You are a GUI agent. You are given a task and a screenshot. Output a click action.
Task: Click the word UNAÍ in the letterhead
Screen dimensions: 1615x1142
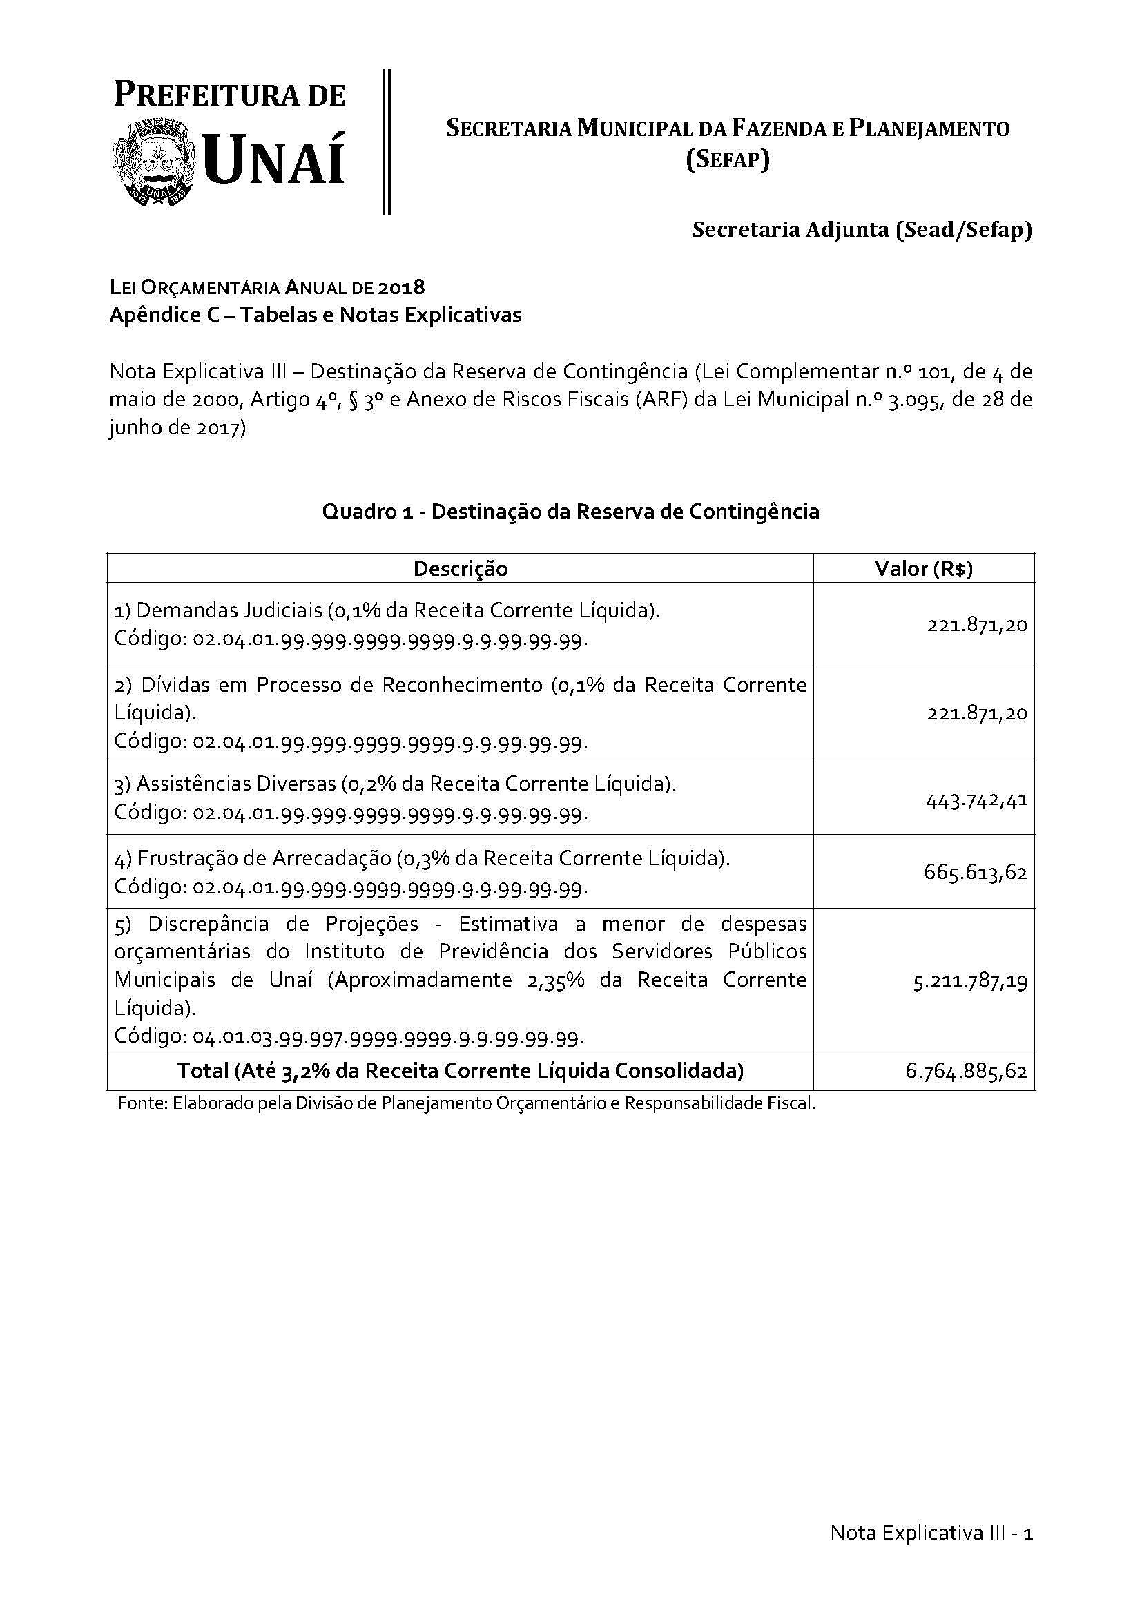pyautogui.click(x=275, y=161)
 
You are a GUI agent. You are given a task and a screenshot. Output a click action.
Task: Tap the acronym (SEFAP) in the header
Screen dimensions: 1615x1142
pyautogui.click(x=728, y=159)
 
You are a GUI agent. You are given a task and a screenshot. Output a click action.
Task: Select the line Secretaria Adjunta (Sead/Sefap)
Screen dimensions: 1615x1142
pyautogui.click(x=862, y=230)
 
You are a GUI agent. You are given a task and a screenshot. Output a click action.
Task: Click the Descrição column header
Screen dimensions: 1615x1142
pyautogui.click(x=460, y=568)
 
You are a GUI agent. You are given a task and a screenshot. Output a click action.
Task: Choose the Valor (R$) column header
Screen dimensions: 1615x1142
pyautogui.click(x=923, y=568)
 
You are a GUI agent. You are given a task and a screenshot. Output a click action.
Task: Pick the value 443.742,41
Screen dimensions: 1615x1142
pyautogui.click(x=977, y=800)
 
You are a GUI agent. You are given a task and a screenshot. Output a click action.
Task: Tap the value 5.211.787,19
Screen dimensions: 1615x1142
pyautogui.click(x=969, y=981)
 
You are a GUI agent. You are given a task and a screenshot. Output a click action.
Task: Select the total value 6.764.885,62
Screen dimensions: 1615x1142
pyautogui.click(x=966, y=1071)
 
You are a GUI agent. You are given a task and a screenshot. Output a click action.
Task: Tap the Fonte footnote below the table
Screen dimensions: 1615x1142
pyautogui.click(x=466, y=1103)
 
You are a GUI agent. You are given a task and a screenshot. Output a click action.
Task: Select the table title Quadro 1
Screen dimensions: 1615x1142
pyautogui.click(x=367, y=512)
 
